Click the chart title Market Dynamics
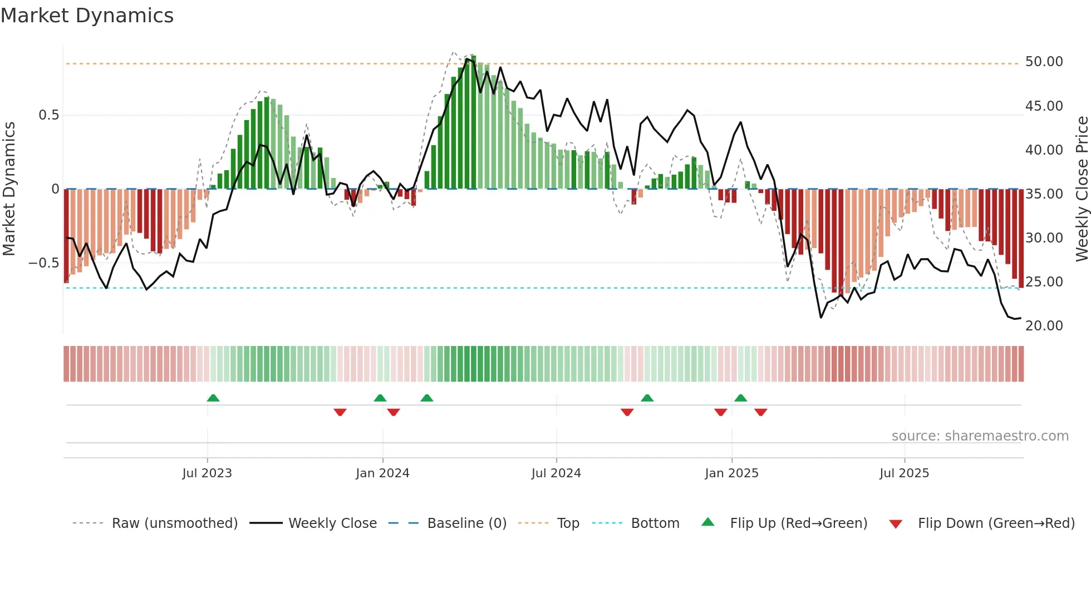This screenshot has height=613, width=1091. [x=87, y=16]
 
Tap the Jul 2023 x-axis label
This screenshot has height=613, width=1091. [x=207, y=473]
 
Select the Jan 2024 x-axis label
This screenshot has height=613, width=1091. [x=382, y=473]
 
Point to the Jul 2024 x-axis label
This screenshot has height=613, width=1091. [x=556, y=473]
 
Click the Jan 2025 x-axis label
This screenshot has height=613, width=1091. [x=731, y=473]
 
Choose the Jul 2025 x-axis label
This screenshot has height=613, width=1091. [x=905, y=473]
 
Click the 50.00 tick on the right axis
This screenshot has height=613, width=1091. [x=1044, y=62]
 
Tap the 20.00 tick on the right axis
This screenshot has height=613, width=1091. [x=1044, y=326]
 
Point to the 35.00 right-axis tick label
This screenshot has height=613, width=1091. [x=1044, y=194]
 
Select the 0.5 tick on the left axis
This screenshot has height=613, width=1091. [x=48, y=115]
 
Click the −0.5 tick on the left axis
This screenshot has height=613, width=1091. [x=44, y=263]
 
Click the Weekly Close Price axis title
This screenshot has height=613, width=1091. [x=1082, y=189]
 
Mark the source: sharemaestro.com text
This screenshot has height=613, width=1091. [x=980, y=436]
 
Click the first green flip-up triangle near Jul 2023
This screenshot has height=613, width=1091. [x=213, y=398]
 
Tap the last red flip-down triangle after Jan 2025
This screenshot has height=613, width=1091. [x=761, y=412]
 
